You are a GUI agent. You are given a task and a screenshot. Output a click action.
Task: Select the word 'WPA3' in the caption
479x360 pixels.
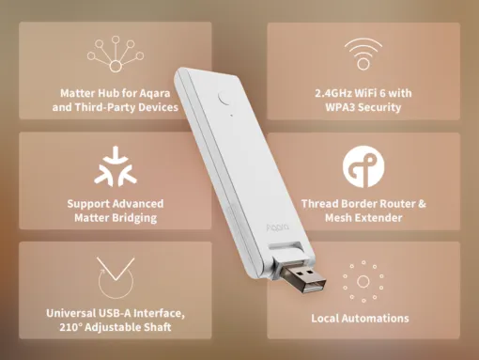pos(337,107)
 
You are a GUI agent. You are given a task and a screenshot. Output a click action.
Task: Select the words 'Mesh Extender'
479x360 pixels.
pos(363,217)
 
